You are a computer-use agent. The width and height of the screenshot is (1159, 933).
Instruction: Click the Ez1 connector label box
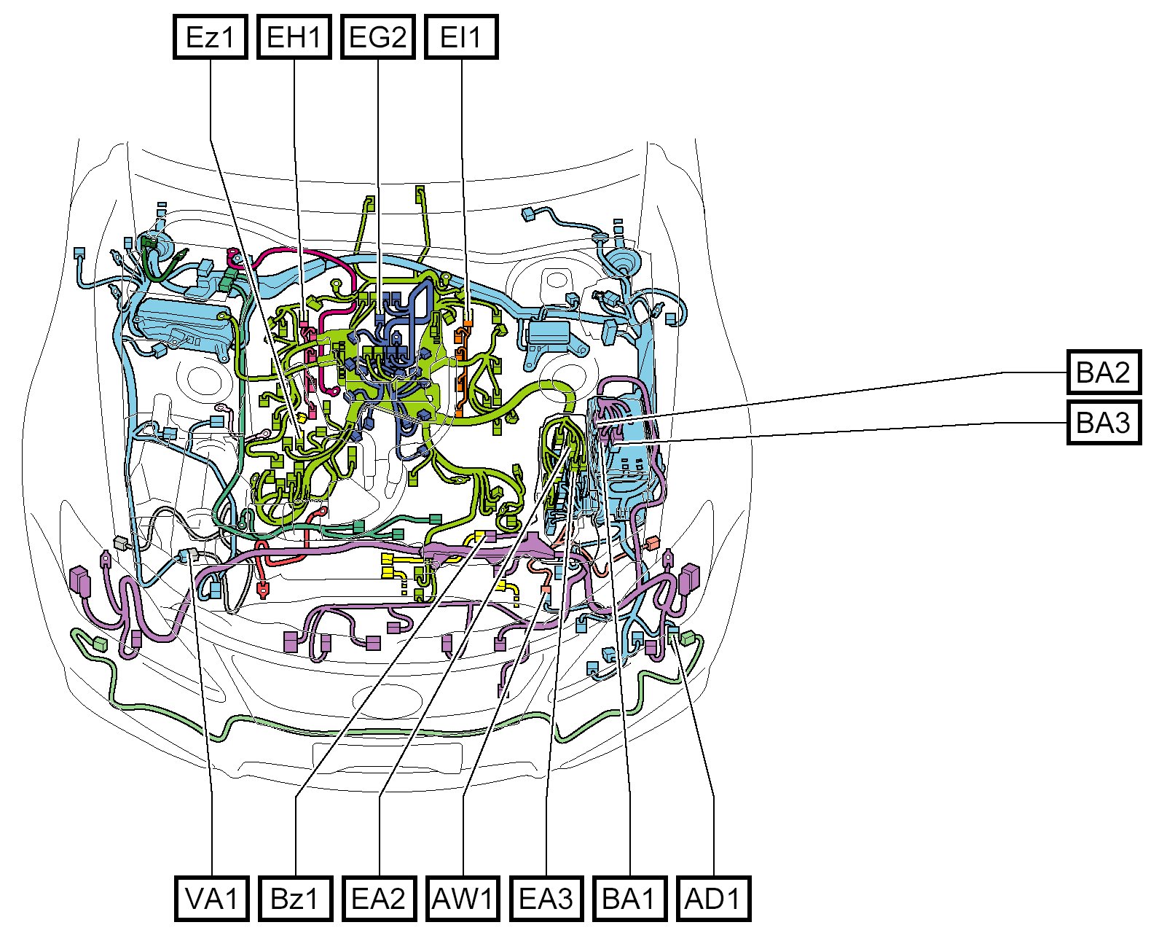pyautogui.click(x=210, y=36)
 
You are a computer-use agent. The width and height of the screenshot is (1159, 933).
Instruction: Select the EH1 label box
pyautogui.click(x=294, y=36)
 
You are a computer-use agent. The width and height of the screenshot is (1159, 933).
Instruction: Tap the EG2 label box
pyautogui.click(x=377, y=36)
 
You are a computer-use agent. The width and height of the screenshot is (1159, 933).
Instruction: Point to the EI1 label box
pyautogui.click(x=461, y=36)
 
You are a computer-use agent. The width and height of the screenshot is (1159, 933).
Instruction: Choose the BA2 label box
pyautogui.click(x=1104, y=372)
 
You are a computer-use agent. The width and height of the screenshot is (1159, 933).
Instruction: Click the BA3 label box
pyautogui.click(x=1104, y=422)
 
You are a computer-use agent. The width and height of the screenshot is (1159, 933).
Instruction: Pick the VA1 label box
pyautogui.click(x=212, y=899)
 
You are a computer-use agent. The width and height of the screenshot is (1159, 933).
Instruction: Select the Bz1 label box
pyautogui.click(x=295, y=899)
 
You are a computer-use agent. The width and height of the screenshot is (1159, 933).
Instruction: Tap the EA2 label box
pyautogui.click(x=379, y=899)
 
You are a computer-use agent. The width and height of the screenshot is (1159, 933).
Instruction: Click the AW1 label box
pyautogui.click(x=463, y=899)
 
